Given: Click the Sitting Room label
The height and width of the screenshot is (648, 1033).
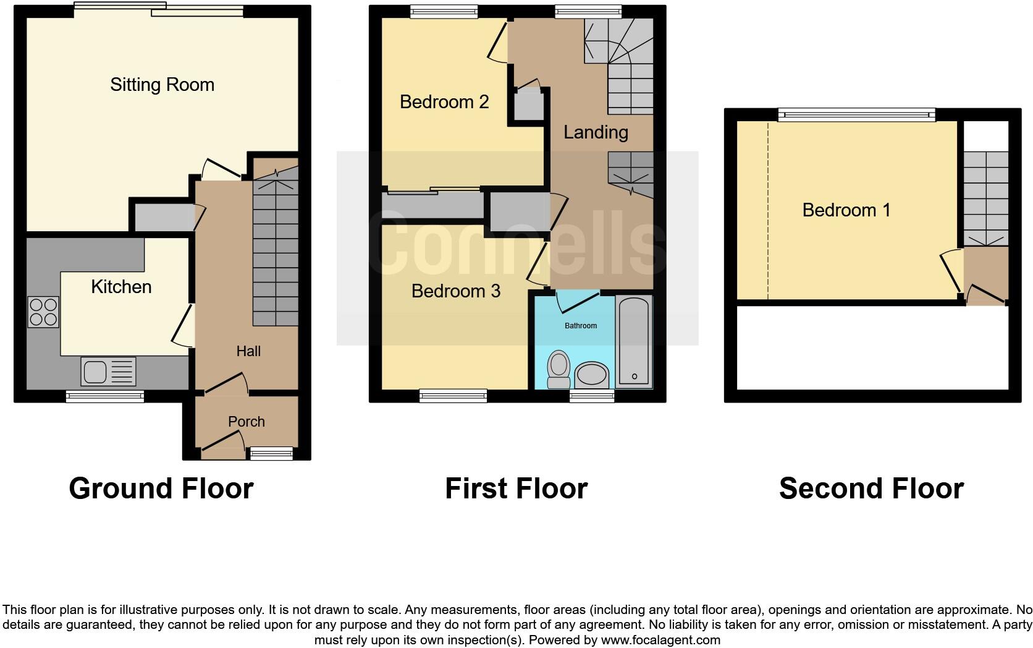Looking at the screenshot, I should coord(162,85).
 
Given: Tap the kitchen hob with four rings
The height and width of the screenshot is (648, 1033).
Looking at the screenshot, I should coord(43,312).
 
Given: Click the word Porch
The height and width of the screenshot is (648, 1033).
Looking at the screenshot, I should coord(246,422).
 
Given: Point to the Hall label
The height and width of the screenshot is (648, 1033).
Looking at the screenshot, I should coord(248,351).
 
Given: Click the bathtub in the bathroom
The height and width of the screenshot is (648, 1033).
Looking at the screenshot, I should coord(634,342).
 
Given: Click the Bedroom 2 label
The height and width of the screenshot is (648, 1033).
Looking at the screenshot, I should coord(444,101).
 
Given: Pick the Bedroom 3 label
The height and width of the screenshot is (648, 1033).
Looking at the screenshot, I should coord(455,291).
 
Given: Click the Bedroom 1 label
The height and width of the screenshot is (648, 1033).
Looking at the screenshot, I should coord(846,210).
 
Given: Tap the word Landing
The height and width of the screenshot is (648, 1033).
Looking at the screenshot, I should coord(596,132).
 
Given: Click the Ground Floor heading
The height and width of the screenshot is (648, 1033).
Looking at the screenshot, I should coord(161,488).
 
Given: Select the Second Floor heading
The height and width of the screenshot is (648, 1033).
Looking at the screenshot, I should coord(871,488).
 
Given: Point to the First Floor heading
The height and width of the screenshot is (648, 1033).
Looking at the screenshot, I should coord(516,488).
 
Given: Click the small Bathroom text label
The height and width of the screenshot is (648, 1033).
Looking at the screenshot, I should coord(581,326).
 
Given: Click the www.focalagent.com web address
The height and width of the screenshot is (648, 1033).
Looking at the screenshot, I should coord(660,640).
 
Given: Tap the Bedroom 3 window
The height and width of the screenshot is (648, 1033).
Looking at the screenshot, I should coord(453,396).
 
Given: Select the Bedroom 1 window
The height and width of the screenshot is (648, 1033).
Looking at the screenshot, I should coord(856,114).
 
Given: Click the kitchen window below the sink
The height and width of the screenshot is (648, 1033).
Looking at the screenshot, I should coord(105,396).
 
